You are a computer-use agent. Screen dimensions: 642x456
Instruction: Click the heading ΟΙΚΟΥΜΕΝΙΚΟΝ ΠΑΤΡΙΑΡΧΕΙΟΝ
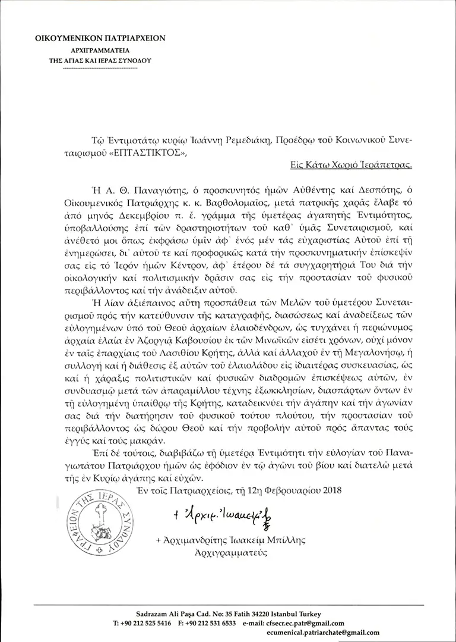(x=99, y=38)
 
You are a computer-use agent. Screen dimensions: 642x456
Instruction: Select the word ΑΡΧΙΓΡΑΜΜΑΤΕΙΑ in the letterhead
(x=99, y=51)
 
